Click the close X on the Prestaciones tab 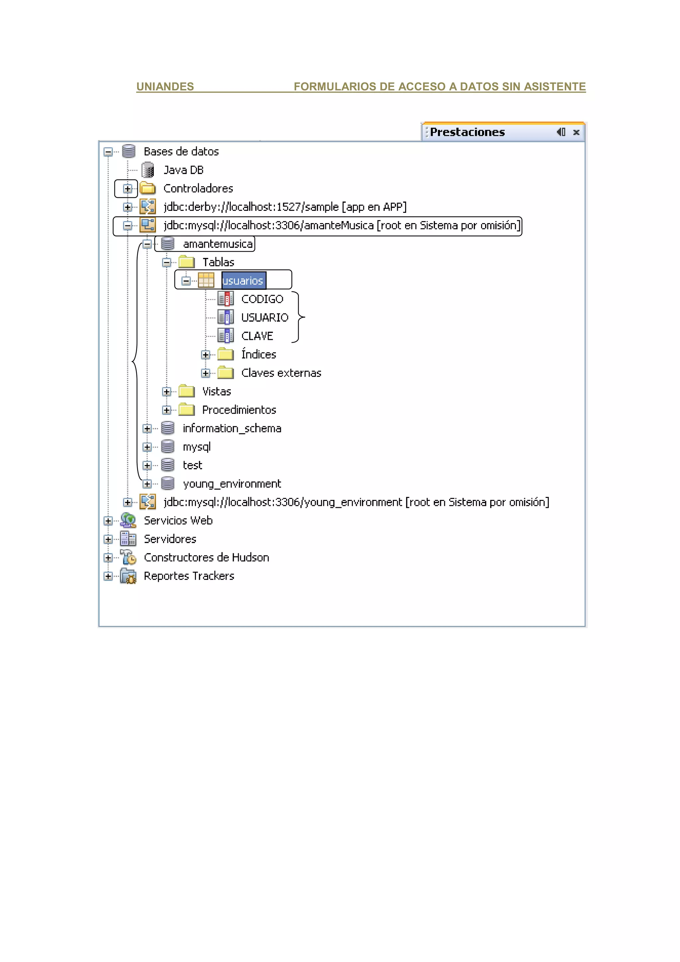pos(576,132)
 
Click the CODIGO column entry pos(262,299)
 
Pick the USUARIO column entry pos(264,318)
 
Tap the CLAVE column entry pos(257,336)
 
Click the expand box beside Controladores pos(128,189)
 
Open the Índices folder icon pos(225,355)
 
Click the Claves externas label pos(281,373)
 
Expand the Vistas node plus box pos(167,392)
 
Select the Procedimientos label pos(239,410)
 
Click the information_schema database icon pos(168,428)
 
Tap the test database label pos(192,465)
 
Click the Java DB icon pos(147,170)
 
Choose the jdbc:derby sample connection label pos(285,207)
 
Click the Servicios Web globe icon pos(128,521)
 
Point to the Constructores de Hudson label pos(206,557)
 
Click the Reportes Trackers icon pos(128,576)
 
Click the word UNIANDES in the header pos(165,87)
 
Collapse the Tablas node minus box pos(167,263)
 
